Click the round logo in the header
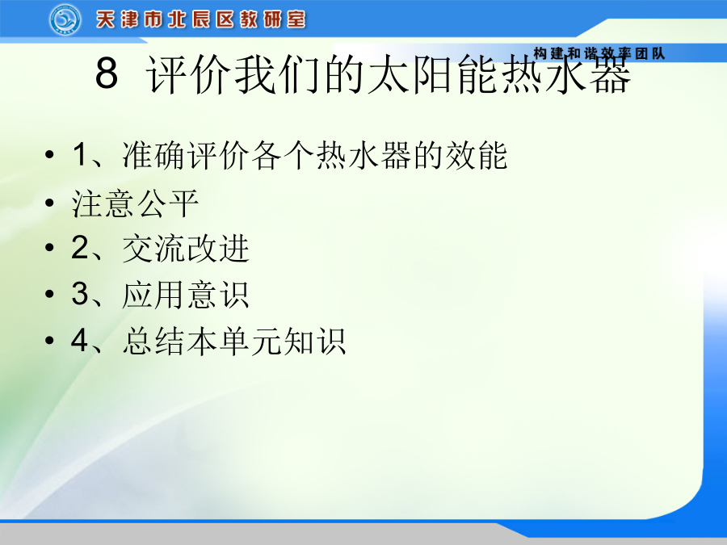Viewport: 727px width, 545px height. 65,19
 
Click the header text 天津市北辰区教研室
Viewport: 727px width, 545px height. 201,20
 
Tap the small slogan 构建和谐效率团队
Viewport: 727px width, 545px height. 599,54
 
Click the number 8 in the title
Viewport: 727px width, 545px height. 107,73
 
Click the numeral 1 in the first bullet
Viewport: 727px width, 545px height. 80,154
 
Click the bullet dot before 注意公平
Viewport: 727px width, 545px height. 49,202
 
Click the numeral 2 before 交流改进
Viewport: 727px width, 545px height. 80,247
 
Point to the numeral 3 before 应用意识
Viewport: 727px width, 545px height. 80,294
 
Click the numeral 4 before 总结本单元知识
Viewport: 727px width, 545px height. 80,340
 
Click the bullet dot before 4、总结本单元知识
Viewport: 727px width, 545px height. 49,341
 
